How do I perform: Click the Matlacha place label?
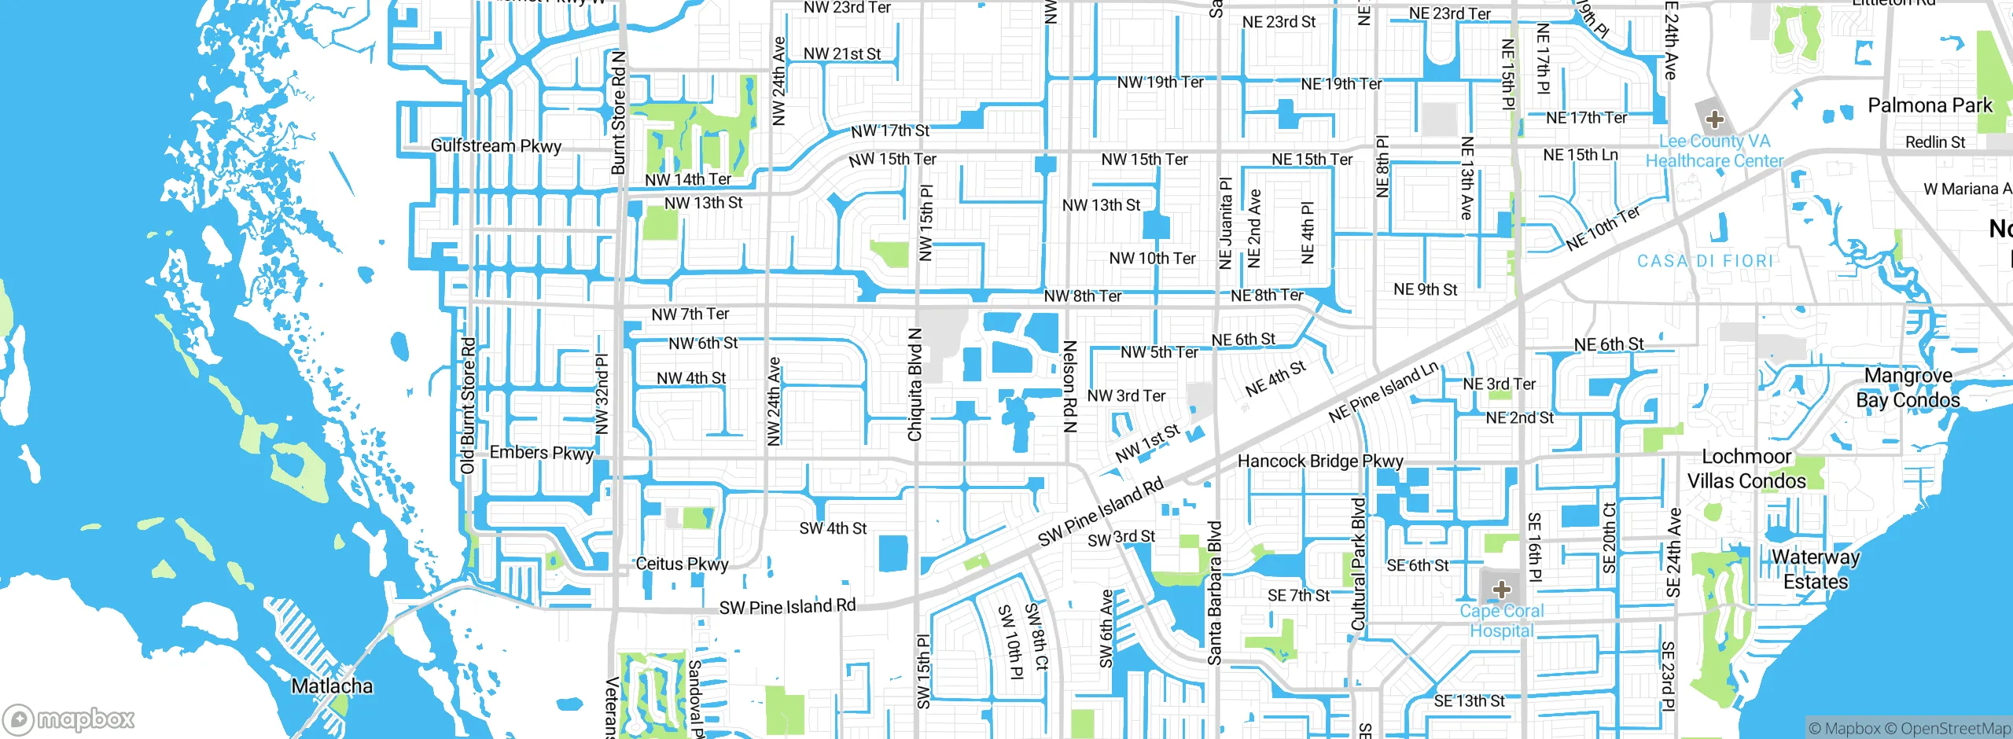[x=332, y=686]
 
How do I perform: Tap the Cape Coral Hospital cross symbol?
[x=1501, y=590]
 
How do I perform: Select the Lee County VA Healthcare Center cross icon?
[x=1715, y=120]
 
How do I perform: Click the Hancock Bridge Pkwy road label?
[x=1320, y=461]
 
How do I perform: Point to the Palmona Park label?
[x=1930, y=105]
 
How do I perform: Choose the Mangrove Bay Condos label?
[x=1908, y=388]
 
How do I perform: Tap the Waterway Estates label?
[x=1816, y=569]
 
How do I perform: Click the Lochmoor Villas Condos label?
[x=1746, y=469]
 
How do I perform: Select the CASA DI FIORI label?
[x=1705, y=261]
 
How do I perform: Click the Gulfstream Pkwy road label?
[x=496, y=146]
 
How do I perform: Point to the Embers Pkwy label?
[x=541, y=453]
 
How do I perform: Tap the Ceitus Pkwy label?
[x=682, y=564]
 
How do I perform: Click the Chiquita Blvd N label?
[x=914, y=384]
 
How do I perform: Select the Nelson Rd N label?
[x=1069, y=386]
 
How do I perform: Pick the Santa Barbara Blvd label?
[x=1215, y=593]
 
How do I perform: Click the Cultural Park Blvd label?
[x=1358, y=564]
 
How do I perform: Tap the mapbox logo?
[x=69, y=719]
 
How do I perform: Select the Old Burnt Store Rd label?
[x=468, y=406]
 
